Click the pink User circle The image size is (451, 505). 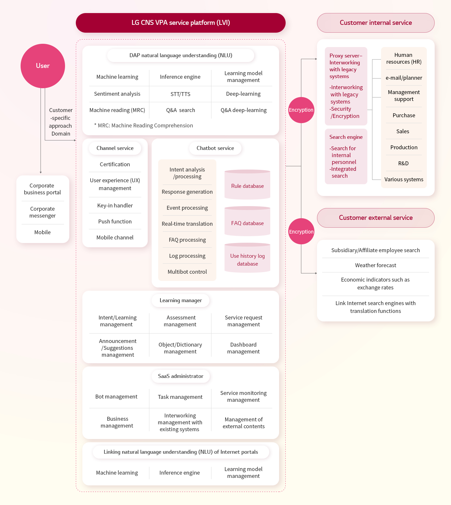coord(43,66)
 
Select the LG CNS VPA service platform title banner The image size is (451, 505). coord(181,23)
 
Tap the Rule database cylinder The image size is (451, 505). coord(247,185)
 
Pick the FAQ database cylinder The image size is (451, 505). coord(247,221)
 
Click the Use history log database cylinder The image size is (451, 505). coord(247,258)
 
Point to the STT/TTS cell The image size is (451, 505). coord(180,94)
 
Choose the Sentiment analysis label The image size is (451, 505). coord(117,94)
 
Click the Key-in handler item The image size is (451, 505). coord(115,205)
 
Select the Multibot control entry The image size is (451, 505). coord(187,272)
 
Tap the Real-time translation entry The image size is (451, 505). coord(187,223)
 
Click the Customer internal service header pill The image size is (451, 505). coord(376,23)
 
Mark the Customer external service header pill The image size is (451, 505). coord(376,218)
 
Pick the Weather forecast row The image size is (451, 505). coord(376,265)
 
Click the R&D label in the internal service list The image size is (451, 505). coord(403,163)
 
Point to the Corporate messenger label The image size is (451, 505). coord(42,212)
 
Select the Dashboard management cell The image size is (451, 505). coord(243,348)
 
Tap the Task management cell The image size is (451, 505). coord(180,397)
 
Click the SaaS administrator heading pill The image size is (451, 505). coord(181,376)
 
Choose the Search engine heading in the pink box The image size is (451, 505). coord(346,137)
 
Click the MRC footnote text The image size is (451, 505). coord(143,125)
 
